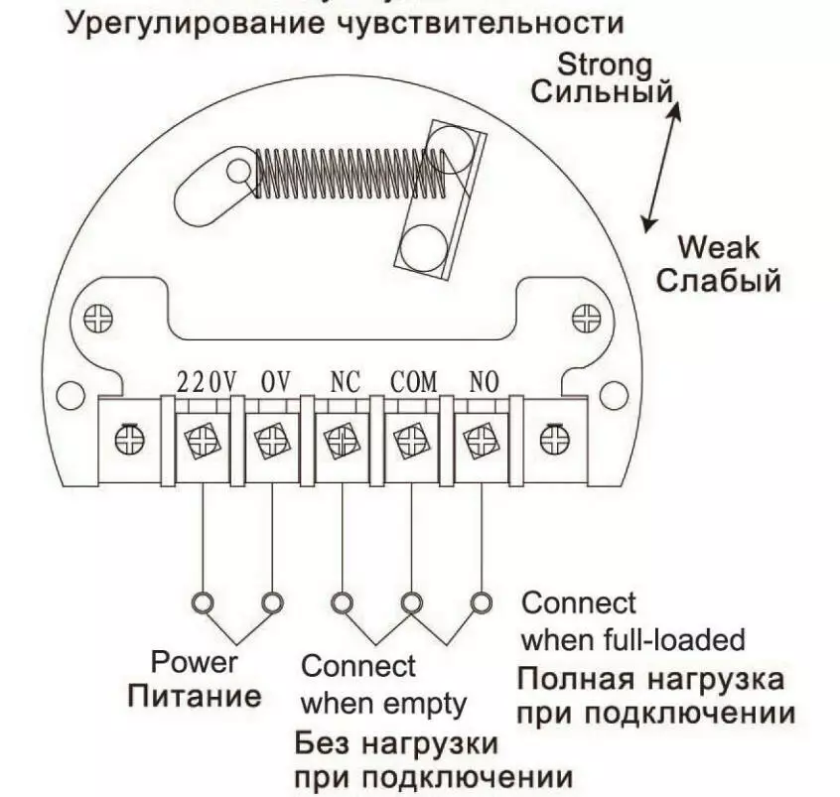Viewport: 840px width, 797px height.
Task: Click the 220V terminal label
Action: click(207, 381)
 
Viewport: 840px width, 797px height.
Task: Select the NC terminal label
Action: click(344, 381)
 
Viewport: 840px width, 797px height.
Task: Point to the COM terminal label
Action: click(413, 381)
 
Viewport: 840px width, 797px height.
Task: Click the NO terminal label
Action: click(483, 381)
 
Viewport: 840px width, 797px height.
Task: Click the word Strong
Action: click(605, 66)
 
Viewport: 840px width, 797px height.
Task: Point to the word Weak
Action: click(718, 246)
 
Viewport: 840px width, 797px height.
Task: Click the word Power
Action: click(195, 661)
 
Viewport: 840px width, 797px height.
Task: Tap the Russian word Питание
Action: click(195, 694)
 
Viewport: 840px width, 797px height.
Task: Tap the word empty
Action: click(427, 704)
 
